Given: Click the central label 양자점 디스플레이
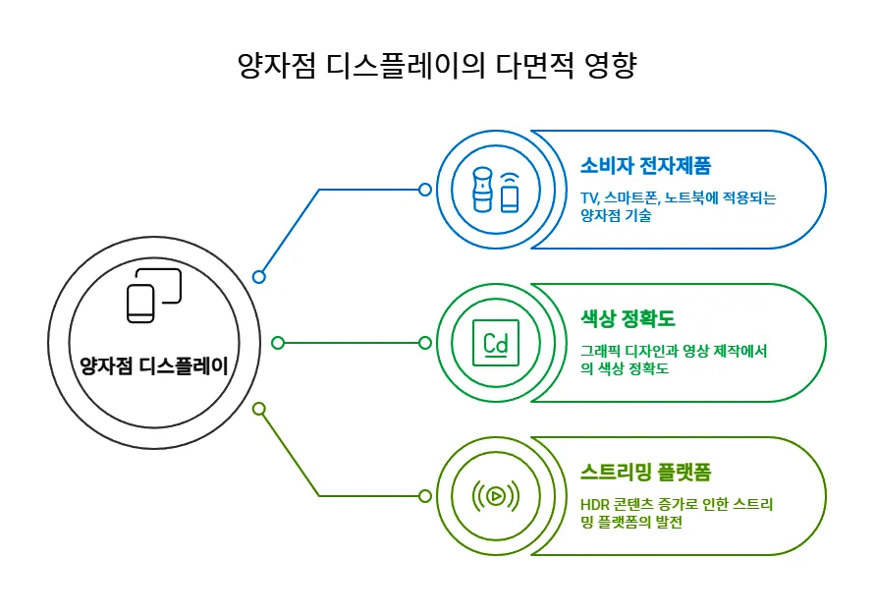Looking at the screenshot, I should click(153, 367).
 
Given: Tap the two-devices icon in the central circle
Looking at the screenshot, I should click(154, 295).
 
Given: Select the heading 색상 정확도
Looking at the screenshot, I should click(628, 318).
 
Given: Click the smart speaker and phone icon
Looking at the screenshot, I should click(495, 190).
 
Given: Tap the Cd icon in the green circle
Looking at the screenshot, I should click(495, 343).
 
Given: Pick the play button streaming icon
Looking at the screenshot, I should click(495, 496).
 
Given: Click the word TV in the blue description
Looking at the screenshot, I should click(589, 197).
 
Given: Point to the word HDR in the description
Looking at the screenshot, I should click(596, 504).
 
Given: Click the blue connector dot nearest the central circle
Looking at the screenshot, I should click(259, 277).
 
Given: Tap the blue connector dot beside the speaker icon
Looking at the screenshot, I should click(425, 190).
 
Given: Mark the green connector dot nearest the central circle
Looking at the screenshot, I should click(278, 343).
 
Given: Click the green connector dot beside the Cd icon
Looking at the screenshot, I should click(425, 343).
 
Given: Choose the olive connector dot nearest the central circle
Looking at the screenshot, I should click(259, 409).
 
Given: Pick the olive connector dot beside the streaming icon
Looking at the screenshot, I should click(425, 496).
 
